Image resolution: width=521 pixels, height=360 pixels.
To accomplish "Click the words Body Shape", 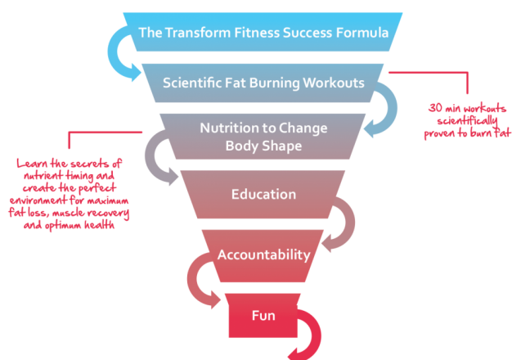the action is point(264,146).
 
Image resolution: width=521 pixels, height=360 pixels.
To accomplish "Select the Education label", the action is point(264,195).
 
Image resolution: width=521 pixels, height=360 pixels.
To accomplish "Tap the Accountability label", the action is point(264,255).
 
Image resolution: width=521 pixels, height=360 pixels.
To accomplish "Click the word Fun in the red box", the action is point(263,316).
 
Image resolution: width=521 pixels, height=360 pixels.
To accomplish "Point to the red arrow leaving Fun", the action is point(316,335).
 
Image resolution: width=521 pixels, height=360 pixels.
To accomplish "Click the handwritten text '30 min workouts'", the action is point(467,108).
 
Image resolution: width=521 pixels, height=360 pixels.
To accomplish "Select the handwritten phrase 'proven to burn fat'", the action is point(467,133).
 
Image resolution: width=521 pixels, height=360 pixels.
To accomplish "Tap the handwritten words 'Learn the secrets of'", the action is point(69,164).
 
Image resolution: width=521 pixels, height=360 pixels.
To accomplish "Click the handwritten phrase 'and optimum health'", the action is point(69,225).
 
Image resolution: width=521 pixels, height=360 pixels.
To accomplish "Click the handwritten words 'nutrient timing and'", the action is point(69,176).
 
